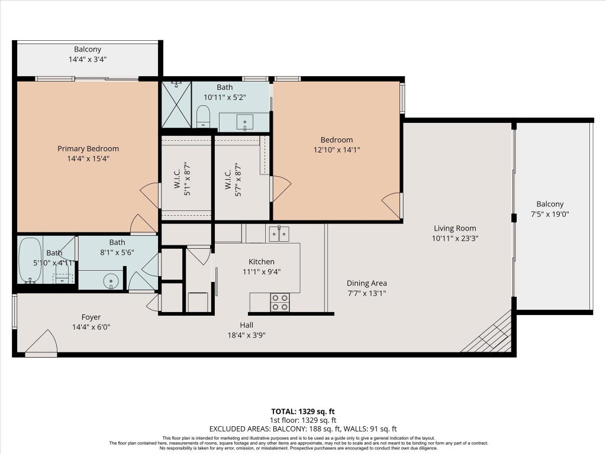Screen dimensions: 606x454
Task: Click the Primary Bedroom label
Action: point(88,148)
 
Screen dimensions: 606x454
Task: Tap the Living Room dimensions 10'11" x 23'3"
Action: point(455,238)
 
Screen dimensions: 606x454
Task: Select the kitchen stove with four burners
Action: point(280,302)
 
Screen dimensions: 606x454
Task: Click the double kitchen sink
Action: point(279,234)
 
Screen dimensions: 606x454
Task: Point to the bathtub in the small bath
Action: point(30,261)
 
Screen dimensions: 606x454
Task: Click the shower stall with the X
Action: point(176,104)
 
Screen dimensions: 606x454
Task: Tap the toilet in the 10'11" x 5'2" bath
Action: point(203,116)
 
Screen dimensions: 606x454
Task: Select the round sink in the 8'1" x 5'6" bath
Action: point(111,281)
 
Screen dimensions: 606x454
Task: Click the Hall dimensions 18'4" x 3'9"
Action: point(247,335)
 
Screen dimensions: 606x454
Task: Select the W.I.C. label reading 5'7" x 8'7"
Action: point(233,180)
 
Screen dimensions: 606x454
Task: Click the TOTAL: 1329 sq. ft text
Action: point(302,411)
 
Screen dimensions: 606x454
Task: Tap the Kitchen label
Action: point(262,262)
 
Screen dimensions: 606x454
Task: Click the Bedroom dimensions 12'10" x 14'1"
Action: point(337,150)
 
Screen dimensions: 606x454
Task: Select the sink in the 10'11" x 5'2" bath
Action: point(244,122)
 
